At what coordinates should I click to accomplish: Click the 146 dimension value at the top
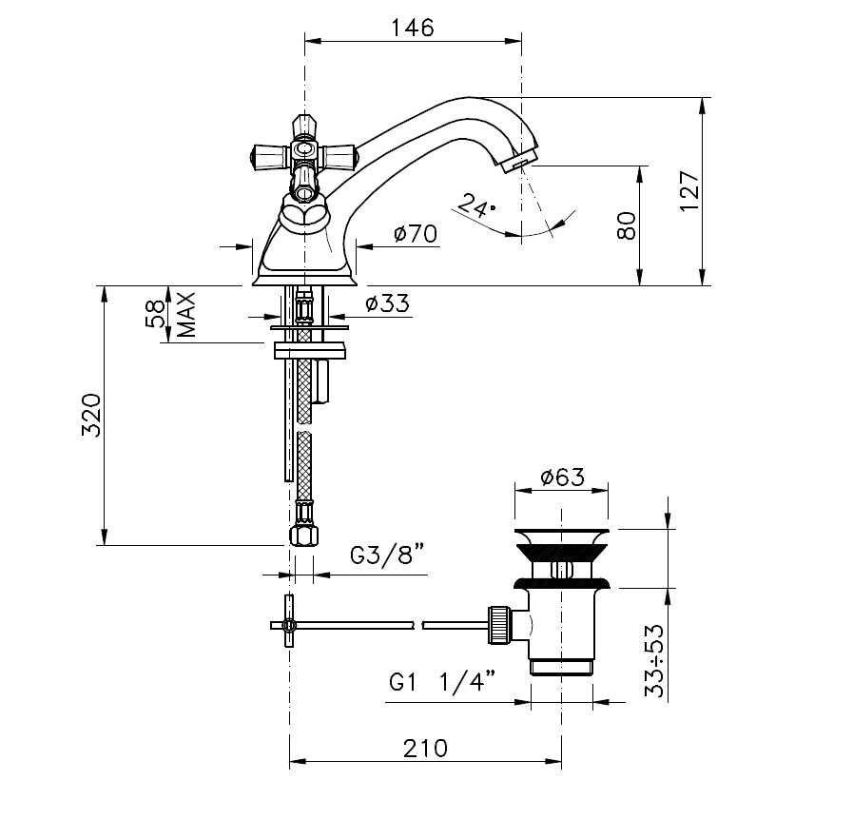pyautogui.click(x=413, y=28)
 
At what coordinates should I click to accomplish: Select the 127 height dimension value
pyautogui.click(x=688, y=191)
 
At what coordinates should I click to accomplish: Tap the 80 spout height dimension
pyautogui.click(x=627, y=225)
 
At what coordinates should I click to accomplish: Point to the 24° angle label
pyautogui.click(x=476, y=205)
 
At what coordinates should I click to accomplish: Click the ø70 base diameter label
pyautogui.click(x=416, y=234)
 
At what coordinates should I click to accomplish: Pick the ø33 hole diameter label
pyautogui.click(x=387, y=303)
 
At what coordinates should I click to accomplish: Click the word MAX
pyautogui.click(x=186, y=315)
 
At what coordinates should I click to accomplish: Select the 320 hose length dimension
pyautogui.click(x=91, y=415)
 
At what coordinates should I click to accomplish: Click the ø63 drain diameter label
pyautogui.click(x=563, y=478)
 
